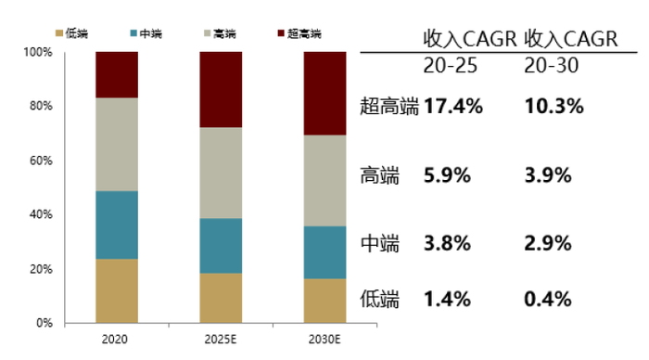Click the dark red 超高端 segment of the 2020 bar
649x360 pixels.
(117, 74)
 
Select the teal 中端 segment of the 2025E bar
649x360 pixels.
(222, 246)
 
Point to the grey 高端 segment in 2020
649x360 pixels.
(117, 144)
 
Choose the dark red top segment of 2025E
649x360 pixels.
(222, 89)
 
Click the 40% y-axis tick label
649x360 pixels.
(41, 215)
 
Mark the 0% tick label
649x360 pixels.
(44, 324)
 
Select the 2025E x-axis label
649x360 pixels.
(222, 341)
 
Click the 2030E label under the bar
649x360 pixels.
(326, 341)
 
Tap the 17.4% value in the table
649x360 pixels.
(453, 106)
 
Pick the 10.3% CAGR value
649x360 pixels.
(554, 106)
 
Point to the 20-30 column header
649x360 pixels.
(554, 67)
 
